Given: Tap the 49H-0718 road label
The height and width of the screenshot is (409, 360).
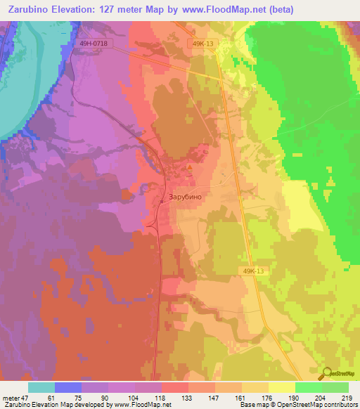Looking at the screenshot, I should click(x=94, y=44).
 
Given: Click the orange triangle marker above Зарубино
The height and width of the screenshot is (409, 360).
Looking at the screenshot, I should click(x=189, y=167).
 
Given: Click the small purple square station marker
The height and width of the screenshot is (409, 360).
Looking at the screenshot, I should click(x=162, y=200).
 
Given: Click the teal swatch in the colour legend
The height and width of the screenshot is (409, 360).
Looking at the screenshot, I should click(x=41, y=387).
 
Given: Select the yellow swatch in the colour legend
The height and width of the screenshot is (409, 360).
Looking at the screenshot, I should click(x=282, y=387).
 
